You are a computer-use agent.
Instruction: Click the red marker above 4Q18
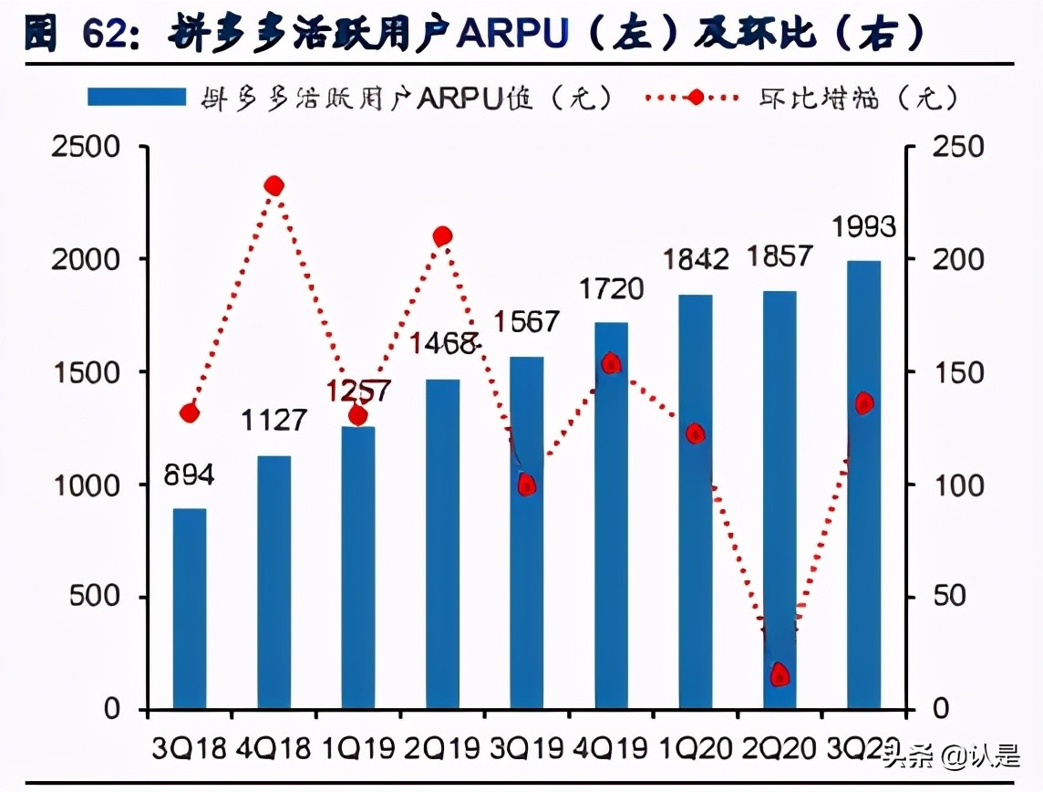274,186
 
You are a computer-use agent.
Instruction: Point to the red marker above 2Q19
442,236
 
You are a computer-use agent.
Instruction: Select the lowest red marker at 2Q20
780,675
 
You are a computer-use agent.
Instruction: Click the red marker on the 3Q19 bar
526,485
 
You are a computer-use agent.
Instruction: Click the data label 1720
611,290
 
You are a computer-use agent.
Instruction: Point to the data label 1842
696,259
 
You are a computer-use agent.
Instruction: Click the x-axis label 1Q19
357,749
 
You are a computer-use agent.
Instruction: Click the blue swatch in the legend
137,98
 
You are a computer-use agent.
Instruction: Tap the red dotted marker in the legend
696,98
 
